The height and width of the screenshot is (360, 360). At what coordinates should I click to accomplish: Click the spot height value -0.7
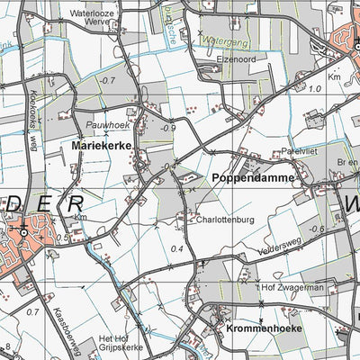(x=107, y=80)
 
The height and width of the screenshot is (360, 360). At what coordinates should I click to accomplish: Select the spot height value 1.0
(x=314, y=89)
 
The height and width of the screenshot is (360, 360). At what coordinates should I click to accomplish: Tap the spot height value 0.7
(x=33, y=311)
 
